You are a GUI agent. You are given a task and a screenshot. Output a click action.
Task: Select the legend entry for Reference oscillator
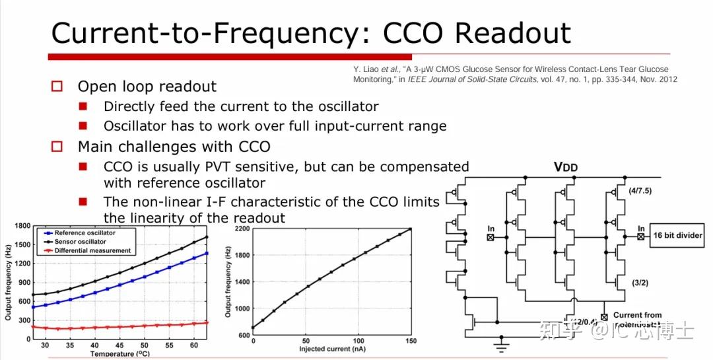click(85, 233)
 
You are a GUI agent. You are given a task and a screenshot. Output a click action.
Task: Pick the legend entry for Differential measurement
click(93, 250)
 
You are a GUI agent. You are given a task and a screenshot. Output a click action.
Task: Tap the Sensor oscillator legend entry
click(81, 242)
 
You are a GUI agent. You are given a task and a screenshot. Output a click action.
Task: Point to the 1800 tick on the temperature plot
click(22, 227)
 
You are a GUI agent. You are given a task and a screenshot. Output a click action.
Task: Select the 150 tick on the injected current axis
click(411, 341)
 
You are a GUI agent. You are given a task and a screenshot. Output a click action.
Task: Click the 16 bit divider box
click(677, 234)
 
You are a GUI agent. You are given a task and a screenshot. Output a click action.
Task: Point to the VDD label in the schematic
click(565, 167)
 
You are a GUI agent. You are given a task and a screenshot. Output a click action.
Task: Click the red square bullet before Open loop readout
click(57, 87)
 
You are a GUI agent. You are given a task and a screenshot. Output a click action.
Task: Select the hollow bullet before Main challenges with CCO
click(57, 146)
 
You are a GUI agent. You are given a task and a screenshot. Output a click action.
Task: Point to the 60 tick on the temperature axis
click(193, 345)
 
